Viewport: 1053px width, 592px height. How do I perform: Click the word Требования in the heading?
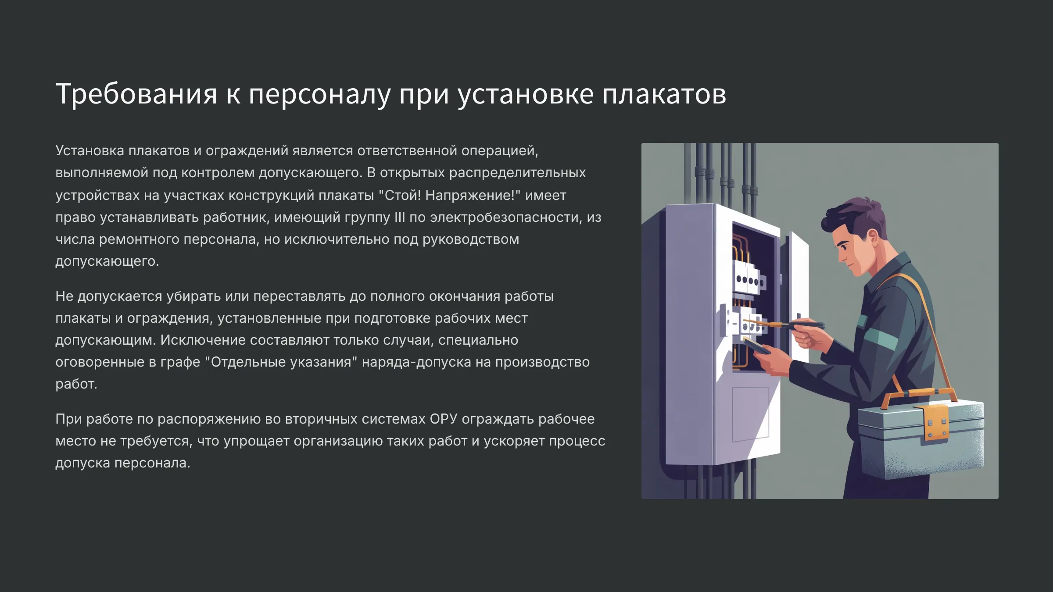136,94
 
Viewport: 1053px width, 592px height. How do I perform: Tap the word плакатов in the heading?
664,94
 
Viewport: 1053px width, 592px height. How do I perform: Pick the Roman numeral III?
399,217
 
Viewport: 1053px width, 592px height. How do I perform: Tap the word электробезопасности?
506,218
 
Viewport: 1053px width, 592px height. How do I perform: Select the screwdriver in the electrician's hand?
785,325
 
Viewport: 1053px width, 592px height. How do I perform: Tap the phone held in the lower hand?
756,347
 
